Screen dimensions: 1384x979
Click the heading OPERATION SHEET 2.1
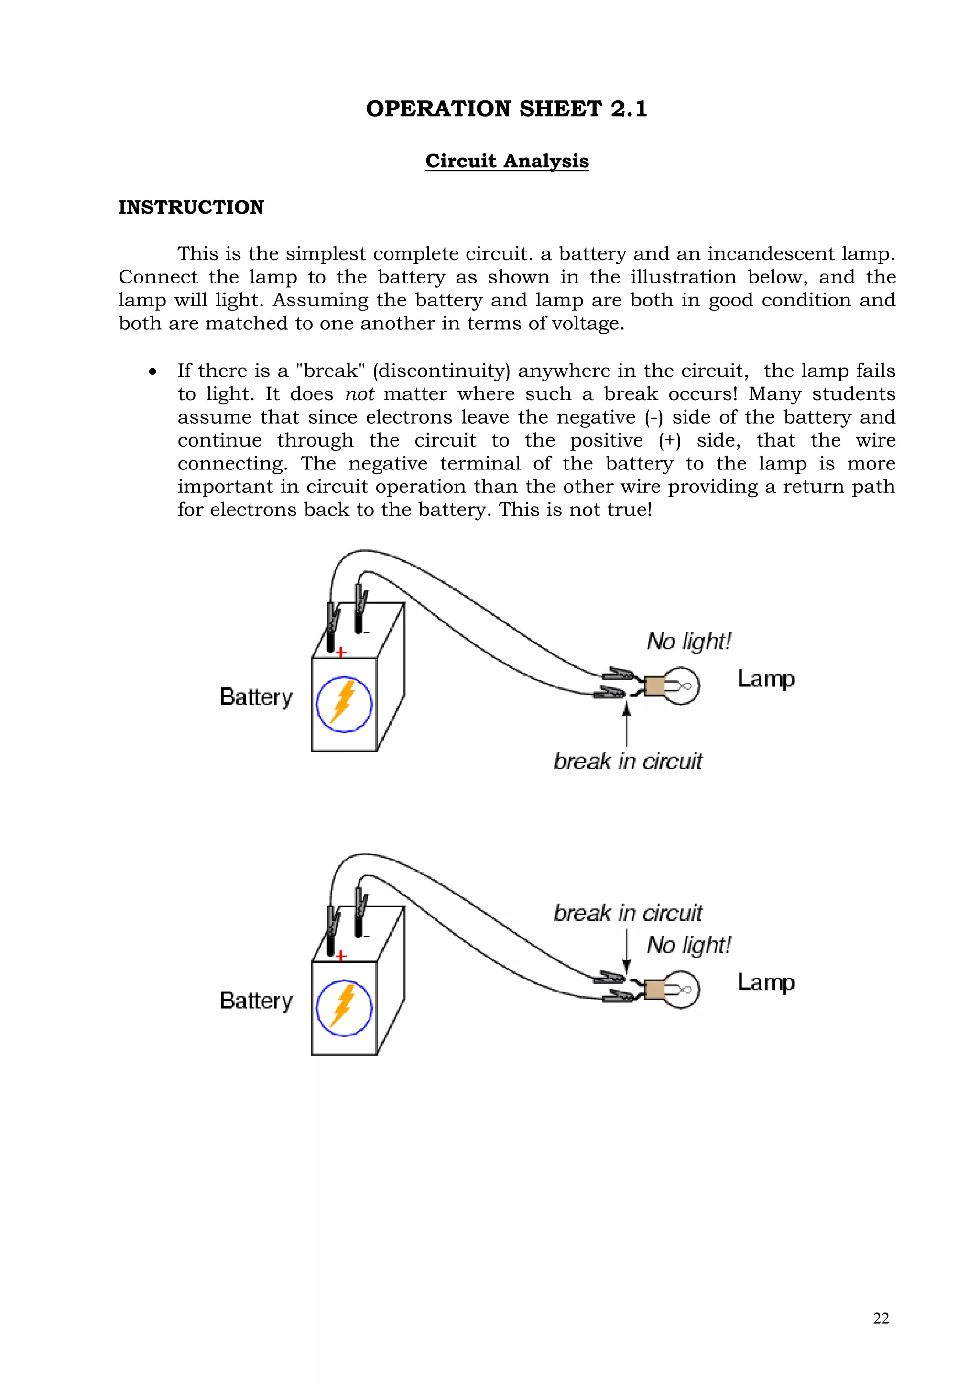506,109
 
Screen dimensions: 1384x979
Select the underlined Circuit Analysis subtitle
506,161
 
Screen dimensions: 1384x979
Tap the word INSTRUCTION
191,207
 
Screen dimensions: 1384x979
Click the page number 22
881,1319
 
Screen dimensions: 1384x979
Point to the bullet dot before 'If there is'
153,372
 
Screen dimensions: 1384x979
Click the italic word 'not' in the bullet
359,394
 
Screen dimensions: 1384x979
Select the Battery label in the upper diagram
256,697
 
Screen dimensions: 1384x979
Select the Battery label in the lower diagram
256,1001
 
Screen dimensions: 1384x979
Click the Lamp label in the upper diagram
766,679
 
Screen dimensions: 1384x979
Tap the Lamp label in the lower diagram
766,982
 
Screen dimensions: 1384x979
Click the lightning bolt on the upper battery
344,703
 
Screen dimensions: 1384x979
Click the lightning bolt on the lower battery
344,1007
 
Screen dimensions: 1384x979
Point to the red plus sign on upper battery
341,652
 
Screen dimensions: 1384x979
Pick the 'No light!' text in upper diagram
688,642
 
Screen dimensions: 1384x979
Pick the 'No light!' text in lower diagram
688,945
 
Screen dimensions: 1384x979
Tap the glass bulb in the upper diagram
684,686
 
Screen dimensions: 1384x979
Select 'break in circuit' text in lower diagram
628,913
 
